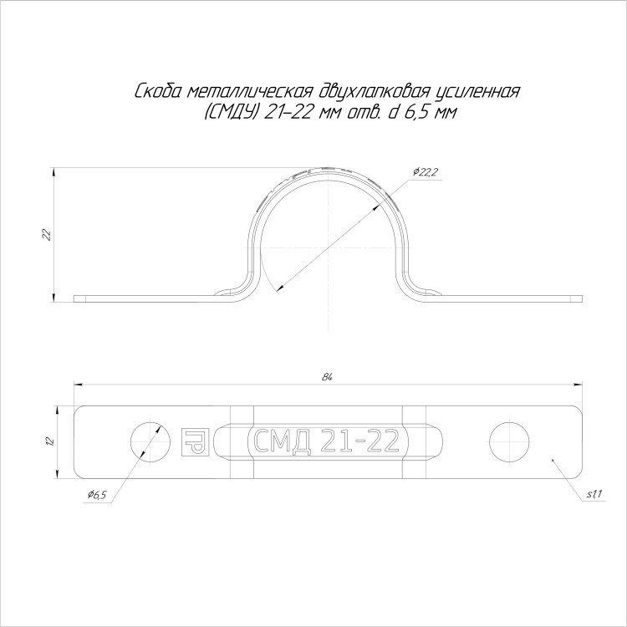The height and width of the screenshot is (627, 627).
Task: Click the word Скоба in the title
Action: (159, 92)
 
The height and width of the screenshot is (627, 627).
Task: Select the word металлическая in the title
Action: (249, 92)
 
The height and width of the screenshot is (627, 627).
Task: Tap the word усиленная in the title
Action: (477, 93)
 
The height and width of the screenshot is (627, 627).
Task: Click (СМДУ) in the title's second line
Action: (230, 114)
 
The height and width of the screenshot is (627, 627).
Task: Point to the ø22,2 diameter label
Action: (426, 172)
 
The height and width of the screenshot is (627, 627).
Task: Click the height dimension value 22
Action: (47, 235)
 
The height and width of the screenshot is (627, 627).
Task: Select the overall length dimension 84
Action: (328, 377)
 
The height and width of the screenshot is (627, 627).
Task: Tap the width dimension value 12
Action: (49, 441)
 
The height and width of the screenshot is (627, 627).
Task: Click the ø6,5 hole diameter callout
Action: (97, 495)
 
